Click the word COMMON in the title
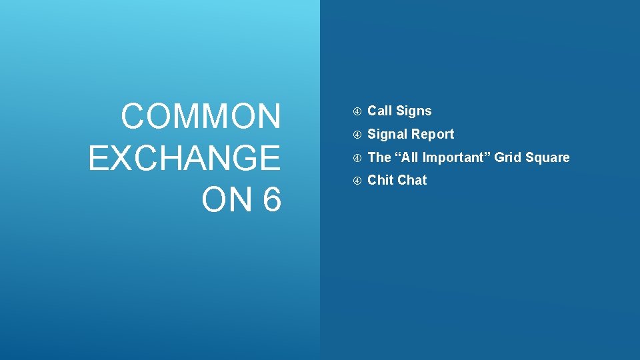201,117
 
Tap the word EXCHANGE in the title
184,159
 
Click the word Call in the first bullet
380,111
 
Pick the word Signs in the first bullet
414,111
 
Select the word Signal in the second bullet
387,134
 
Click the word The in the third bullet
379,157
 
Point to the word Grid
507,157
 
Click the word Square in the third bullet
547,157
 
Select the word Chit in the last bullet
380,180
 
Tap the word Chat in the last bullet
412,180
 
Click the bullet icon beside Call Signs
357,111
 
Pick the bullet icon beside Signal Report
357,135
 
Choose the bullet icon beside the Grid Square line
357,158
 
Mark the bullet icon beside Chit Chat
357,181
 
